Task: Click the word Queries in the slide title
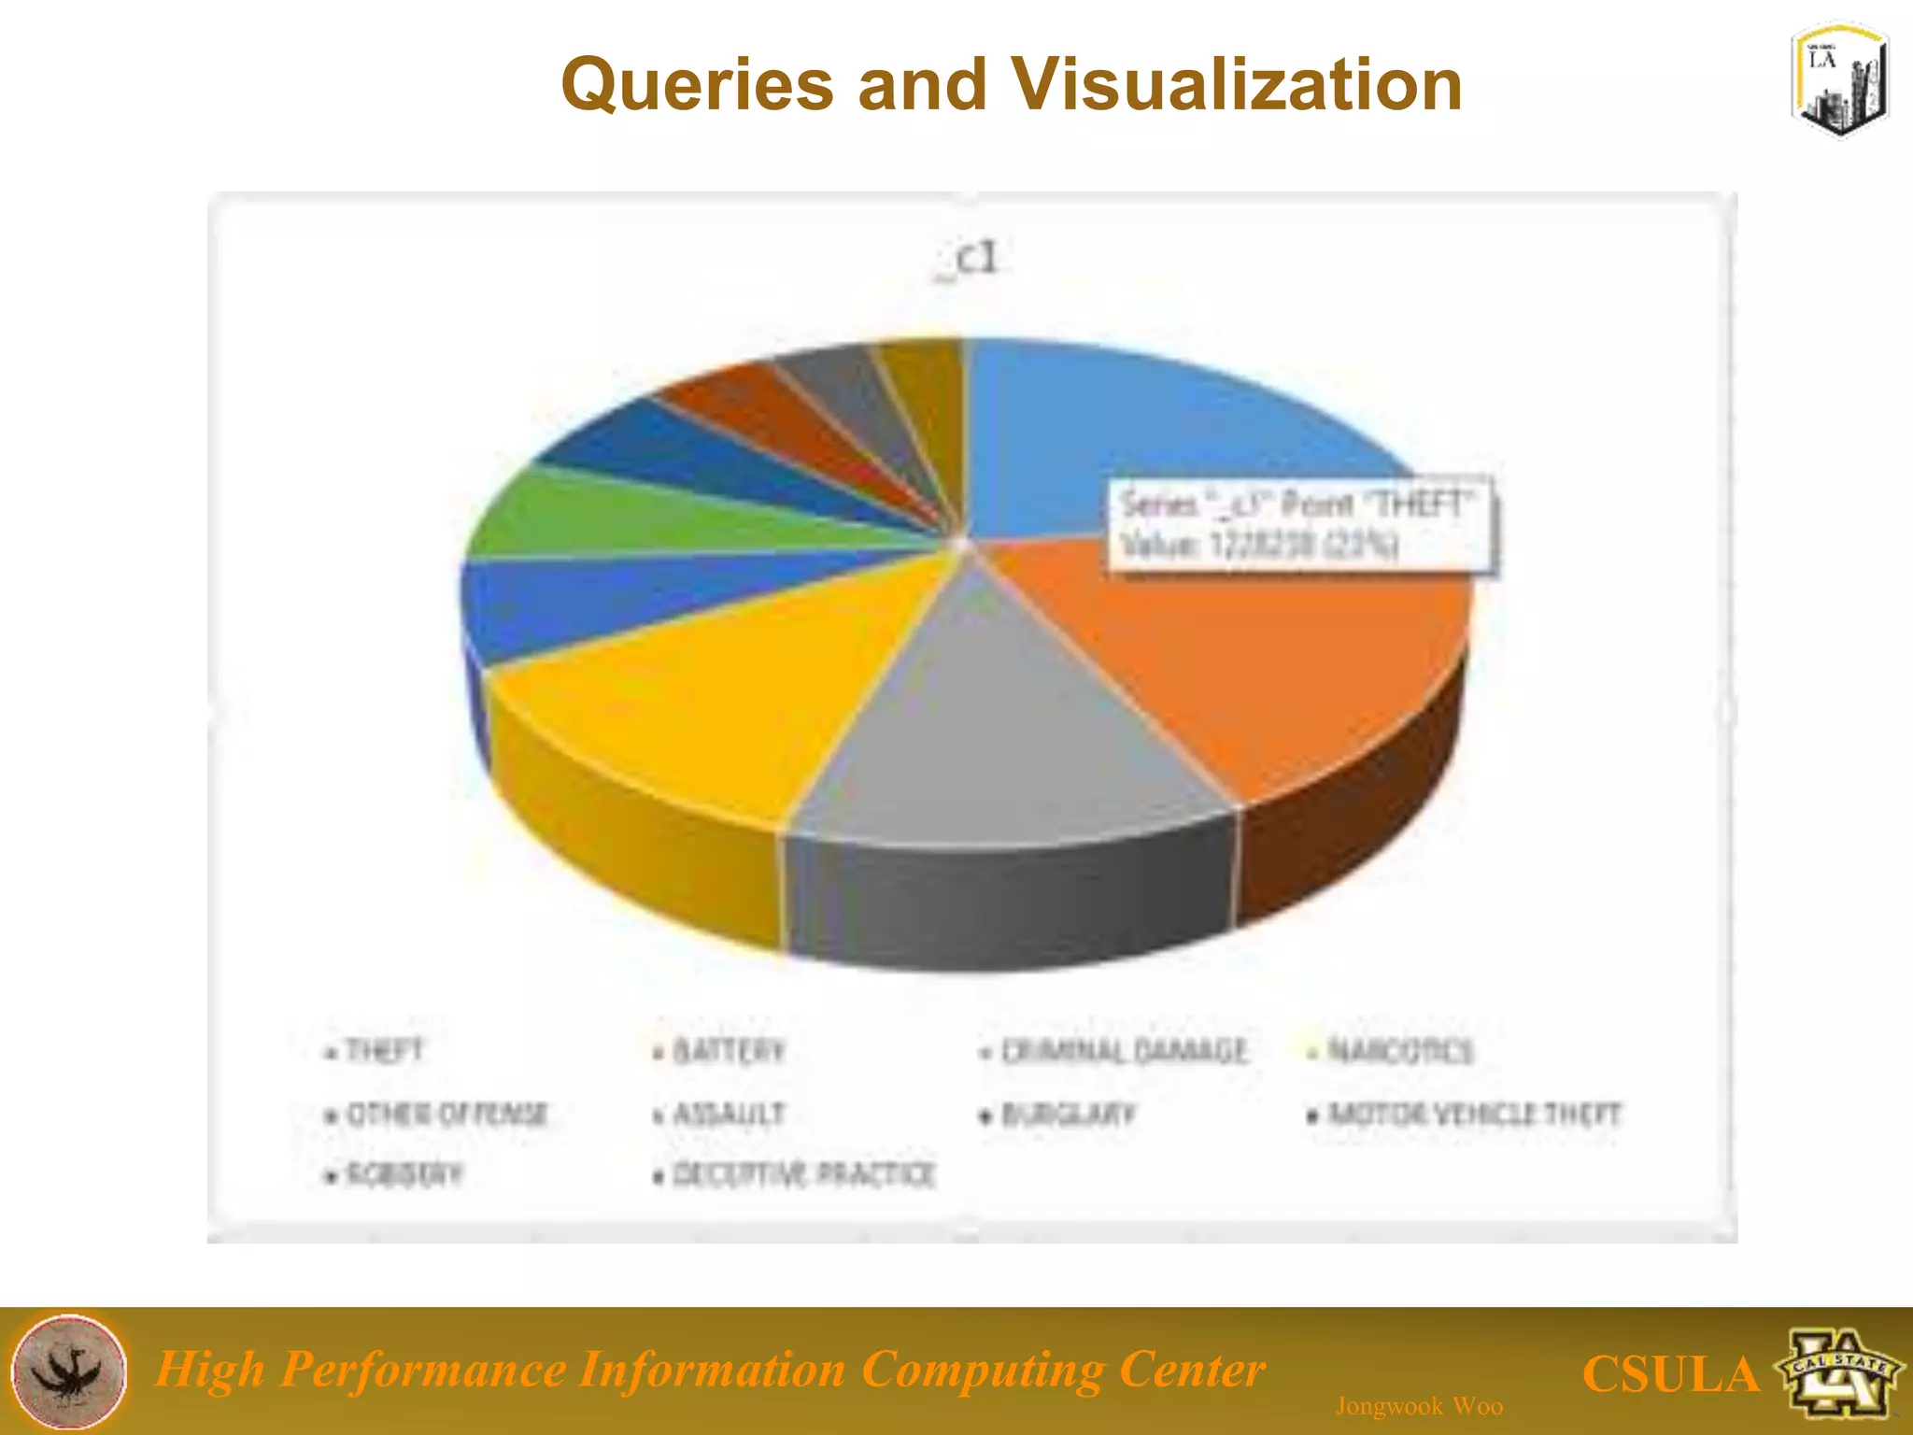tap(697, 85)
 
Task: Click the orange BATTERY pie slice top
tap(1261, 673)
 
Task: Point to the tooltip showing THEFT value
tap(1298, 525)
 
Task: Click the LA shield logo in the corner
tap(1838, 81)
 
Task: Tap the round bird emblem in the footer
tap(71, 1371)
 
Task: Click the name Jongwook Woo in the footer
tap(1419, 1406)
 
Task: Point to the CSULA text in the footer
tap(1670, 1374)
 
